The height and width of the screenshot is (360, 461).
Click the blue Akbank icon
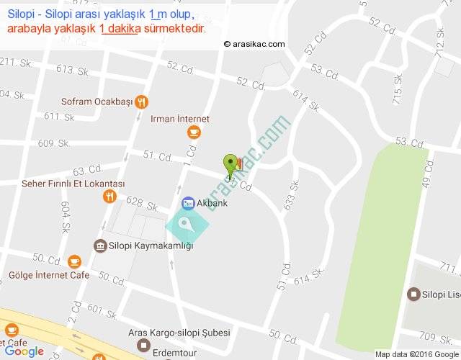(x=188, y=203)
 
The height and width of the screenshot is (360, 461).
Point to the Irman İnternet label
(x=180, y=119)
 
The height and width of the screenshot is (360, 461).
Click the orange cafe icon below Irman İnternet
(x=193, y=132)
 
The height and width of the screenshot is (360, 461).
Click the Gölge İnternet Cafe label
(x=49, y=275)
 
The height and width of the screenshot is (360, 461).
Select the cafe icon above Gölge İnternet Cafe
(x=73, y=261)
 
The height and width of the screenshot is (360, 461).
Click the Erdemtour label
(x=178, y=346)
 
